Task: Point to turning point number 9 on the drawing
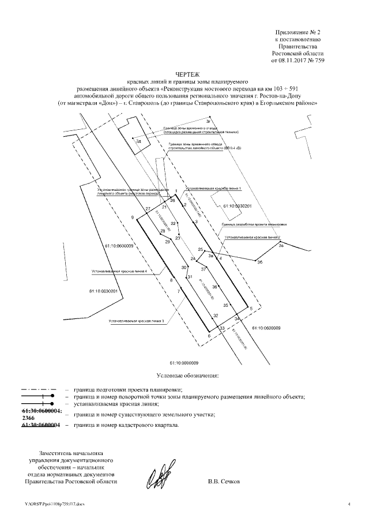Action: tap(132, 217)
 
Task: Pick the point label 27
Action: tap(148, 208)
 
